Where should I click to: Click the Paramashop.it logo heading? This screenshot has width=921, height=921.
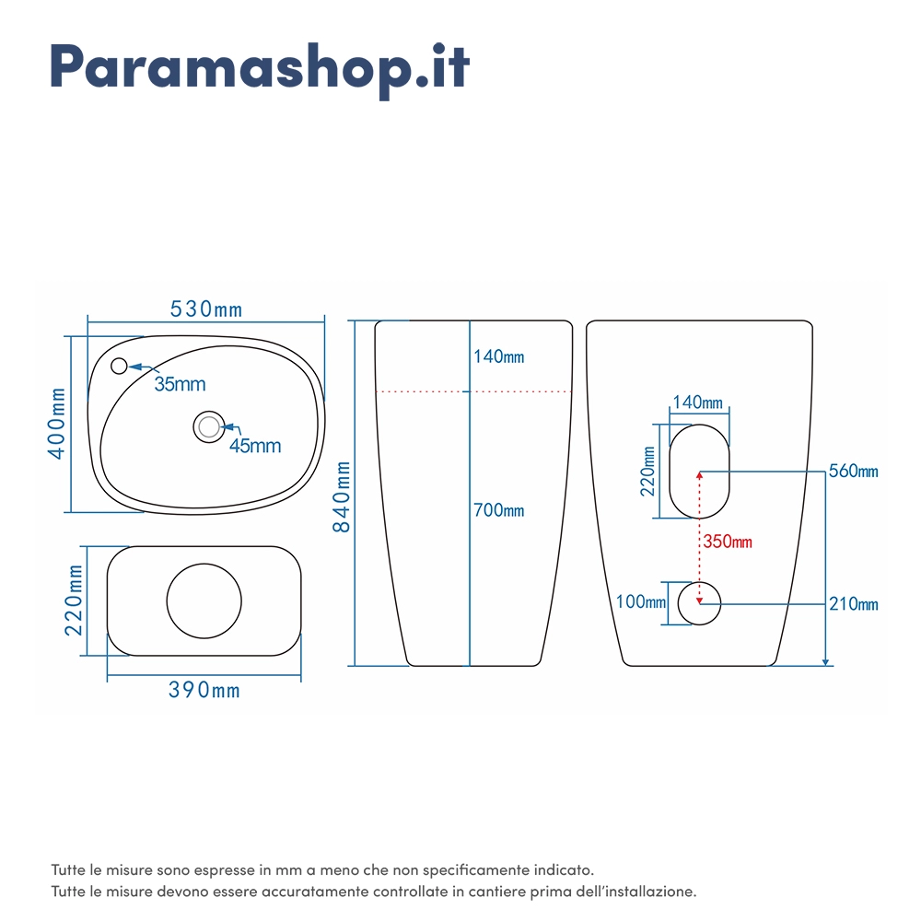point(260,70)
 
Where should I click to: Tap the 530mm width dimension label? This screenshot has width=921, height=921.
point(206,309)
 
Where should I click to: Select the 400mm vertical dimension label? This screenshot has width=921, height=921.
point(57,424)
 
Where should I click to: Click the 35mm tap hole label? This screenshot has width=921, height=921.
point(180,384)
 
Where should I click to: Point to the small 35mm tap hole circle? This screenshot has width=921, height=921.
point(119,366)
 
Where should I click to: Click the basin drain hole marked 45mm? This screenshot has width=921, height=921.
point(209,426)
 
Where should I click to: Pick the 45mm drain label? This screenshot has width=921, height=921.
point(255,446)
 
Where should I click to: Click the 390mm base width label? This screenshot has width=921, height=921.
point(204,690)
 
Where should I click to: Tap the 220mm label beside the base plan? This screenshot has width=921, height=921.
point(74,600)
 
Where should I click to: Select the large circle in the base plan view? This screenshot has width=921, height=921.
point(204,600)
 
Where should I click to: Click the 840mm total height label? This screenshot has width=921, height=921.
point(342,497)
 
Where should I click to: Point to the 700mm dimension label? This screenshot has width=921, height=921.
point(498,510)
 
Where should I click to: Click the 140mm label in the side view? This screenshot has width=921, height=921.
point(498,356)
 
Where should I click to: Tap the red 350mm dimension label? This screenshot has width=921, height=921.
point(728,542)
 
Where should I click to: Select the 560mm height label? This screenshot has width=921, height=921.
point(854,471)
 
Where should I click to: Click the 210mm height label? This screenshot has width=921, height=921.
point(854,604)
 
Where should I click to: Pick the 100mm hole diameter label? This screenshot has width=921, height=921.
point(641,601)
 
